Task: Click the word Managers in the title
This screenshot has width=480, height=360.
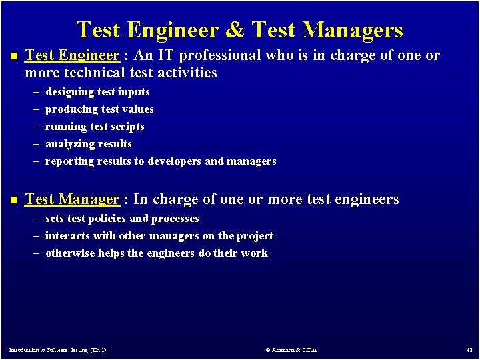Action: [x=353, y=30]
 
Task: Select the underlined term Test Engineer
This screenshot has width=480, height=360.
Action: [x=72, y=55]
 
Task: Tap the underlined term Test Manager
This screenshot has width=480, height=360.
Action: [x=72, y=199]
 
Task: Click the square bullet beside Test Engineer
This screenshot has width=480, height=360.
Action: [x=11, y=56]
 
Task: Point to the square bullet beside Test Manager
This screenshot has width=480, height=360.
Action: [x=11, y=199]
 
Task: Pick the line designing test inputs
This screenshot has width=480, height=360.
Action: [x=97, y=92]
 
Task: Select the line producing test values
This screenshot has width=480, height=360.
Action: [x=99, y=109]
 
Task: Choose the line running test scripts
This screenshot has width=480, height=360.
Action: [x=95, y=127]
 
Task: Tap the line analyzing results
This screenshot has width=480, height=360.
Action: [x=89, y=144]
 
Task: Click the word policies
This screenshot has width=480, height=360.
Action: [x=107, y=219]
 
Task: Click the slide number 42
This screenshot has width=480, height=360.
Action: [x=469, y=350]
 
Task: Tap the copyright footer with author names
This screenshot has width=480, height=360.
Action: [x=291, y=350]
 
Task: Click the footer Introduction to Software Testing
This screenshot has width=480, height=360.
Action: [x=57, y=350]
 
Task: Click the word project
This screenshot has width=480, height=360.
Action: [x=255, y=236]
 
